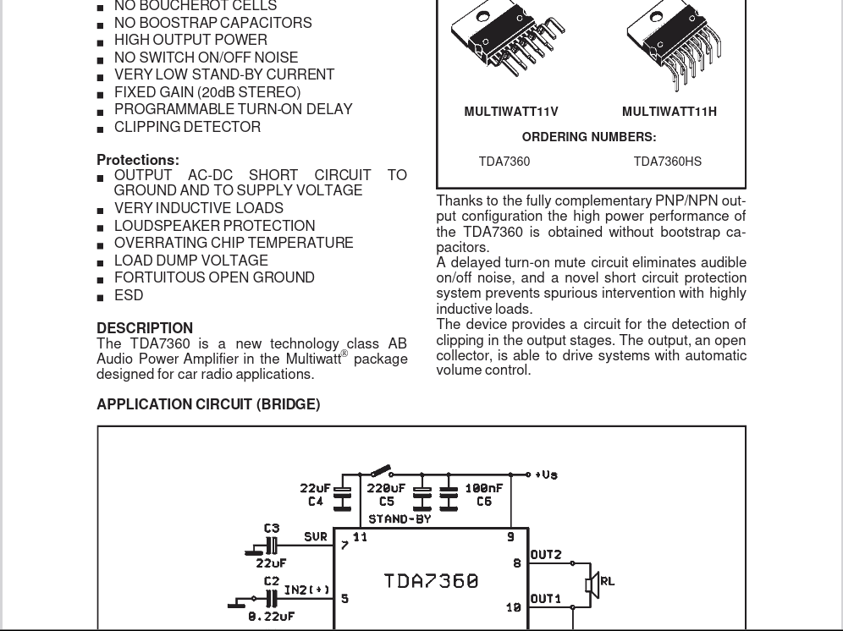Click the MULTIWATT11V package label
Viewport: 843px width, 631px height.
(511, 112)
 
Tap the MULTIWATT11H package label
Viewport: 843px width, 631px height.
(669, 112)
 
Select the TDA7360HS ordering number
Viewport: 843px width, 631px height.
(667, 162)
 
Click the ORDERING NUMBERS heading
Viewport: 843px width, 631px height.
(589, 137)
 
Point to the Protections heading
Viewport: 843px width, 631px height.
(138, 160)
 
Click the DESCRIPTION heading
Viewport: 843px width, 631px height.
(145, 328)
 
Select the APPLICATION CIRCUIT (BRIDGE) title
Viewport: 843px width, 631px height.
(208, 404)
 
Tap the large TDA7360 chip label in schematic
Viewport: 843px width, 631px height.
(431, 581)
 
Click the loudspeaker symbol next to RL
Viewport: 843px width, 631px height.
(592, 584)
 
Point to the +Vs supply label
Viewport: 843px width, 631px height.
(547, 475)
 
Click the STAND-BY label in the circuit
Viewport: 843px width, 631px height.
(399, 519)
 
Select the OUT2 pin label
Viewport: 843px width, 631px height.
(546, 555)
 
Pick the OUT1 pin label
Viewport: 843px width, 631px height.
(546, 599)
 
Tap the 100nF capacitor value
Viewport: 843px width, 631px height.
(484, 488)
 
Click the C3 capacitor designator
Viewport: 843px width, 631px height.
(272, 529)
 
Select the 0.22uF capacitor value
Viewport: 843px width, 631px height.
(272, 617)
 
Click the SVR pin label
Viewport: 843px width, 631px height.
(316, 537)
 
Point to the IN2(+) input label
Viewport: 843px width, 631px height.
(307, 590)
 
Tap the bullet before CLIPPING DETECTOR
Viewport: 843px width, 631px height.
(101, 129)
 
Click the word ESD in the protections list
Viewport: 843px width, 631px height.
(129, 295)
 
